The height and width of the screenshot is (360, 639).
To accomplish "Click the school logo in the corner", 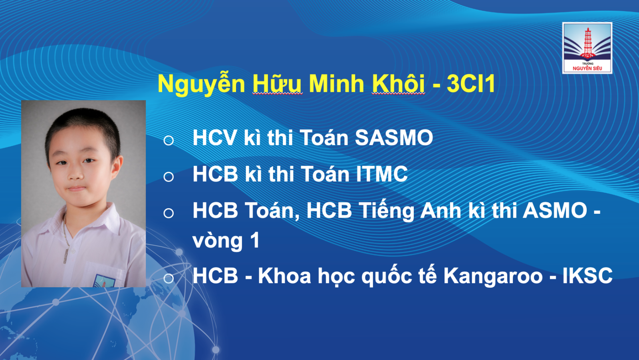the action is click(x=587, y=48).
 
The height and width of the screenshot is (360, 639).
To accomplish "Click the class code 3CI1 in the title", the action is click(x=471, y=84).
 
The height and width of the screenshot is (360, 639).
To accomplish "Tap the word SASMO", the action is click(x=394, y=138).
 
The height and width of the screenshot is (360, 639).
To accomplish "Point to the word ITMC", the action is click(x=382, y=174).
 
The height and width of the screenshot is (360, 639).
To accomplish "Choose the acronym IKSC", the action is click(x=587, y=276).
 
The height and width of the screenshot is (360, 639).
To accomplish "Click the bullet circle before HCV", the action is click(x=169, y=141).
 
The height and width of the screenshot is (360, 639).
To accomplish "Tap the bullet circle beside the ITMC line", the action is click(x=169, y=177).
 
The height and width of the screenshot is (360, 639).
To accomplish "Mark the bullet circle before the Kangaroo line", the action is click(x=169, y=278).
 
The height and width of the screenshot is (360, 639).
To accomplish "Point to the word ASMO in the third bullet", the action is click(x=555, y=211).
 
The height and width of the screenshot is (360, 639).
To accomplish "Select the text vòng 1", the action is click(x=226, y=241).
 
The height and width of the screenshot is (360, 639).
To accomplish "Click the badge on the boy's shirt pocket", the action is click(x=104, y=280).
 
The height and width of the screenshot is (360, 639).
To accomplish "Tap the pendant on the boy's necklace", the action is click(x=66, y=256).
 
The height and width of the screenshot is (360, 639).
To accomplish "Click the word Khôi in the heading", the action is click(x=398, y=84).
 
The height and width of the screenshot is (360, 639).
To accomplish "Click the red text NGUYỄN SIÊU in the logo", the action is click(x=587, y=68).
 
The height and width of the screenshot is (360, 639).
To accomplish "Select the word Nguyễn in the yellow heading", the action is click(x=201, y=84).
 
